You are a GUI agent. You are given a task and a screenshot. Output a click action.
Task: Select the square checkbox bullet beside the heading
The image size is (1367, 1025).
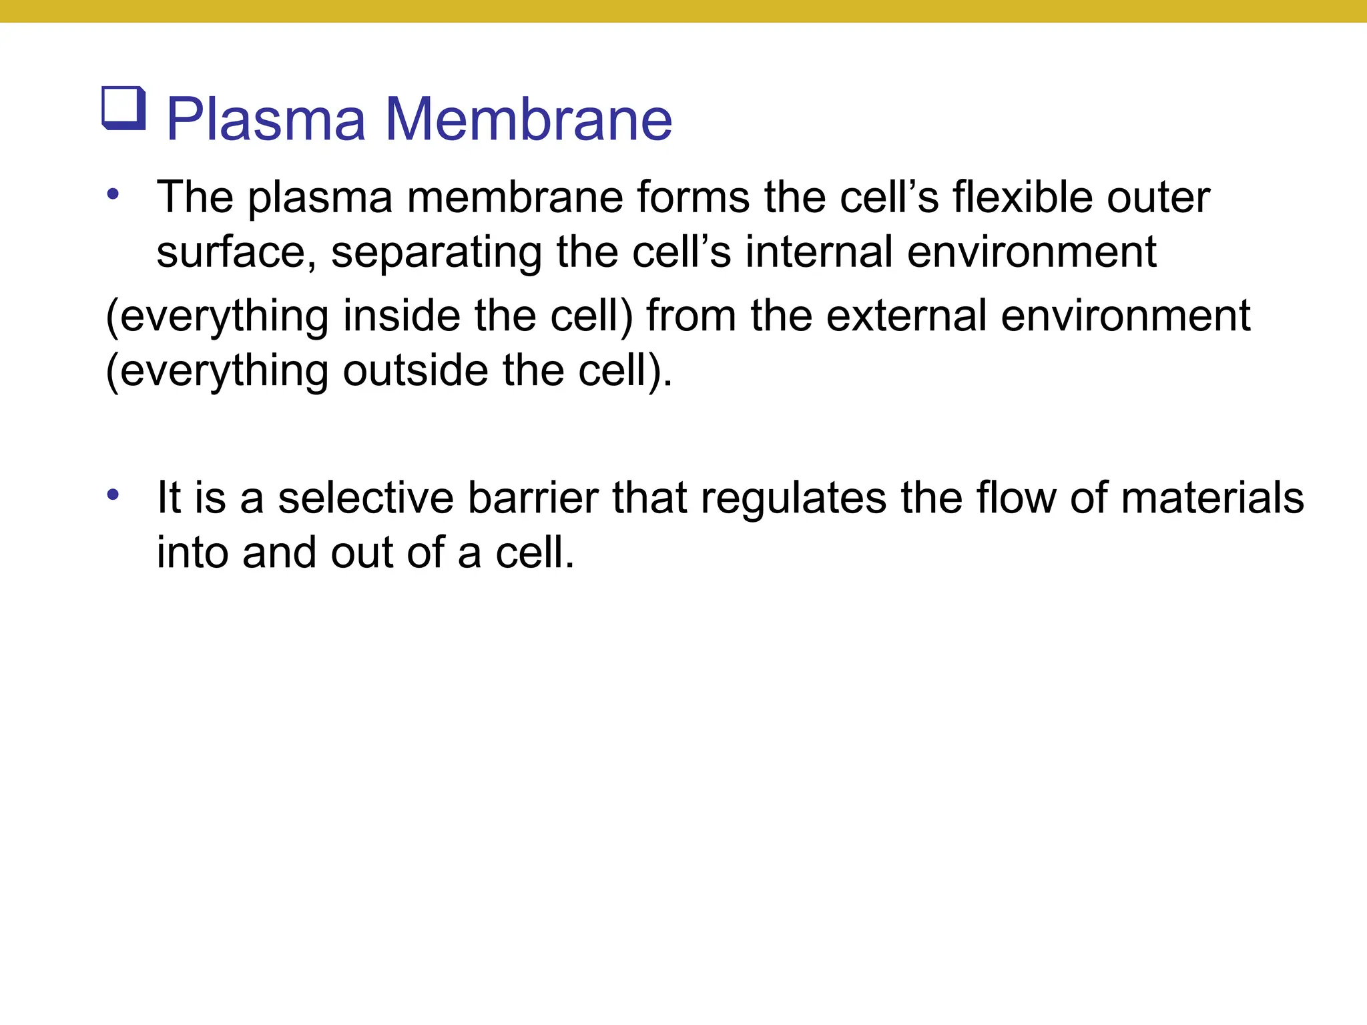pos(124,108)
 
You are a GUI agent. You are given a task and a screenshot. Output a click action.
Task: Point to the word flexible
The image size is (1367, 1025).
pos(1023,198)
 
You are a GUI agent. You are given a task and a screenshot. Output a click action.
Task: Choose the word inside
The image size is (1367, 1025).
pos(402,316)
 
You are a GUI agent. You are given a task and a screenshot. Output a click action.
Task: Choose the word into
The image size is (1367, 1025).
pos(192,553)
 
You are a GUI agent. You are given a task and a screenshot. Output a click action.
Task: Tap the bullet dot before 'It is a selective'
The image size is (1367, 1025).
pos(113,495)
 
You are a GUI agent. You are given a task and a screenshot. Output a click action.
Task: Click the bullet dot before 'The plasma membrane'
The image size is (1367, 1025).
pos(113,195)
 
